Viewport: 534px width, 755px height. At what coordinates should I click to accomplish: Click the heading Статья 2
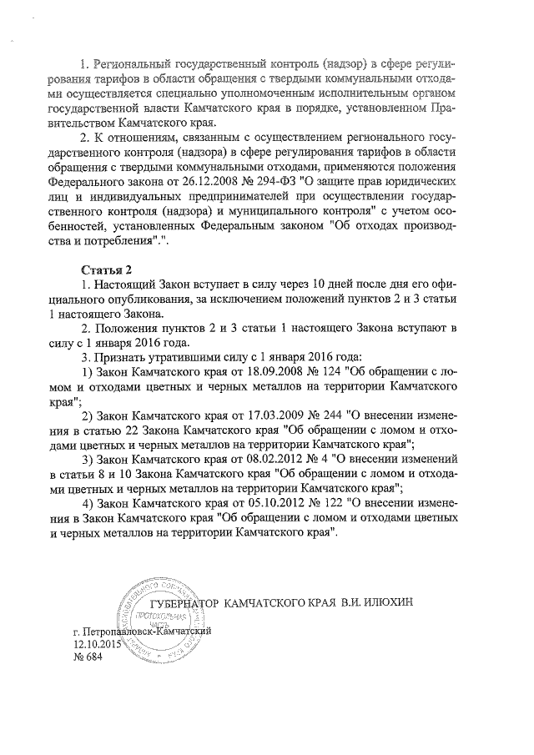(x=106, y=269)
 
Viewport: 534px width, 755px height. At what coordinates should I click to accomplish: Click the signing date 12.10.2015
(x=98, y=644)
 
